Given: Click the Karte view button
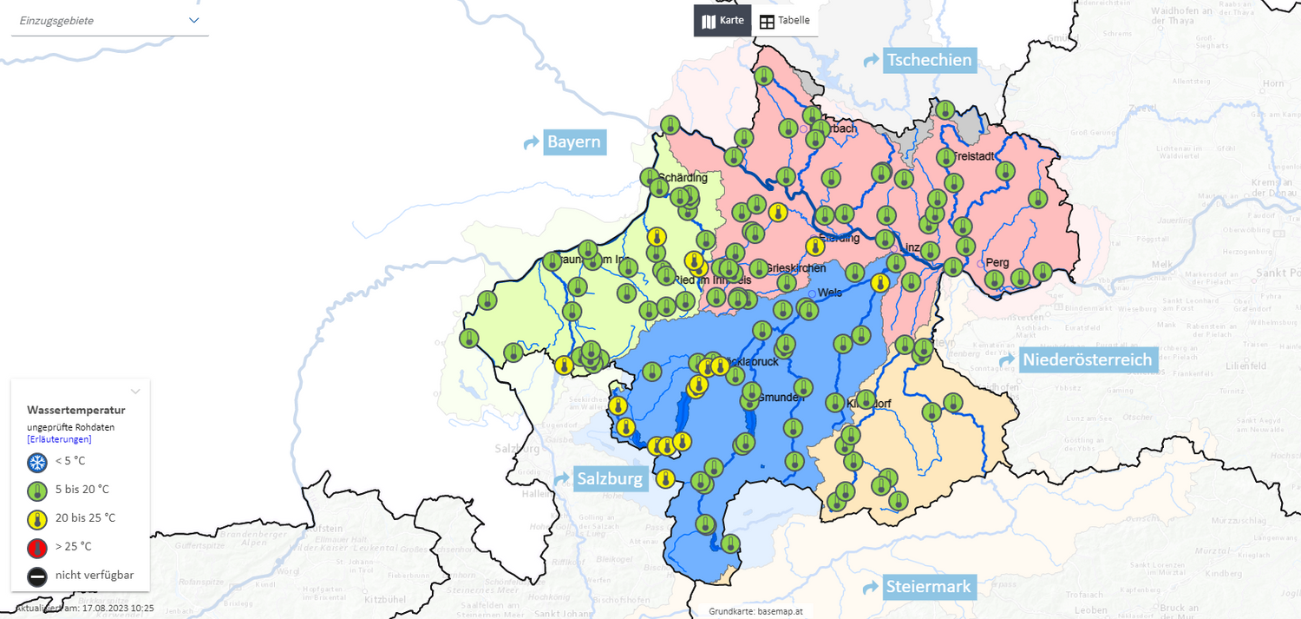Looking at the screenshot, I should coord(722,21).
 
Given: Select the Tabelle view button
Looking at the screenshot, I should coord(785,21).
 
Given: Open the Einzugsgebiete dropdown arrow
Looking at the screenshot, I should coord(194,20).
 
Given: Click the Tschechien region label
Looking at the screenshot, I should coord(929,61).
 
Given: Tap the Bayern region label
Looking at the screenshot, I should coord(573,142).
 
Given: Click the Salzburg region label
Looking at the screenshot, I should coord(610,478).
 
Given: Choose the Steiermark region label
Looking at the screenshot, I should coord(927,587).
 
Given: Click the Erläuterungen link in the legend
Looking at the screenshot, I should coord(59,439).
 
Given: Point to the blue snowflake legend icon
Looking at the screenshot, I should coord(37,462).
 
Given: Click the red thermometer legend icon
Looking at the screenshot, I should coord(37,547).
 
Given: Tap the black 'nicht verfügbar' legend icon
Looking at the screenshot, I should coord(37,576).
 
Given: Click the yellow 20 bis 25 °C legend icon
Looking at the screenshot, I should coord(37,518).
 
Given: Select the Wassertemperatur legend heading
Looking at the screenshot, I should coord(76,410).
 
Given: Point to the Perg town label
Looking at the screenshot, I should coord(997,262).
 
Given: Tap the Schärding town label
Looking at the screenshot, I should coord(684,178).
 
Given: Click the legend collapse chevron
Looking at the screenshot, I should coord(135,392).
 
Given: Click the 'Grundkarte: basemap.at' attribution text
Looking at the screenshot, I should coord(755,611).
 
